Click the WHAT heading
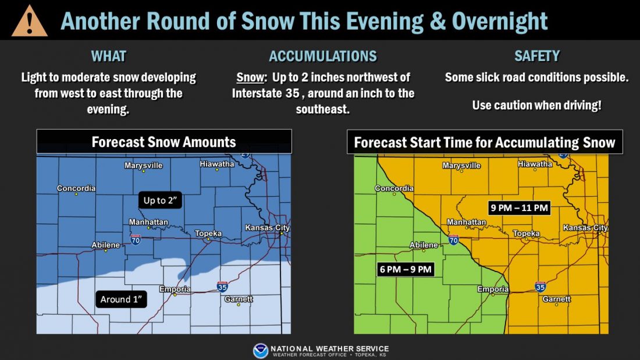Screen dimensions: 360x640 (x=108, y=56)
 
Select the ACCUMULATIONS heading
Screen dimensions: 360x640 (x=322, y=56)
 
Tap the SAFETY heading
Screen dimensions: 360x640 (x=536, y=56)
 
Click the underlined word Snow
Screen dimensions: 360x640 (x=248, y=77)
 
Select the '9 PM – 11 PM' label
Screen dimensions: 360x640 (x=519, y=208)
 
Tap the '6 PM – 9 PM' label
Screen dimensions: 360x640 (x=406, y=269)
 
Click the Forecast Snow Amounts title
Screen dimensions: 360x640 (x=163, y=142)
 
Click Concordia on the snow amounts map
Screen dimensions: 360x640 (x=76, y=188)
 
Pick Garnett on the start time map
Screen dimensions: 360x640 (x=556, y=300)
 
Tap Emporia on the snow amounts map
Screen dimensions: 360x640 (x=175, y=290)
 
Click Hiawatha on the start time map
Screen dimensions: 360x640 (x=535, y=164)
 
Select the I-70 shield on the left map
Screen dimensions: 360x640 (x=135, y=240)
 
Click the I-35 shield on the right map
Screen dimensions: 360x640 (x=539, y=286)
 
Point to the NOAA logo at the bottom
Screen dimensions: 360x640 (x=261, y=351)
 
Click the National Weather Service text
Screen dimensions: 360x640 (x=329, y=349)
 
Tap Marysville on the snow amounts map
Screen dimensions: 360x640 (x=144, y=166)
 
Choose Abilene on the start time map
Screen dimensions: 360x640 (x=424, y=245)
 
